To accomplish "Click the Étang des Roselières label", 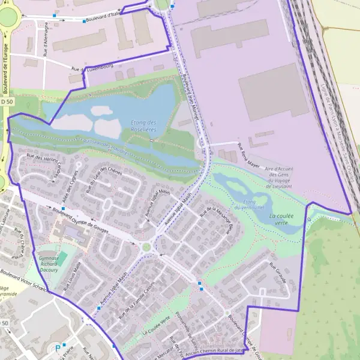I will [x=143, y=125].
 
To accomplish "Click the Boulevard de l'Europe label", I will [x=5, y=70].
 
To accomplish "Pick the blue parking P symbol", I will [x=58, y=347].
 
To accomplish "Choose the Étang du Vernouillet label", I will [x=249, y=205].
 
